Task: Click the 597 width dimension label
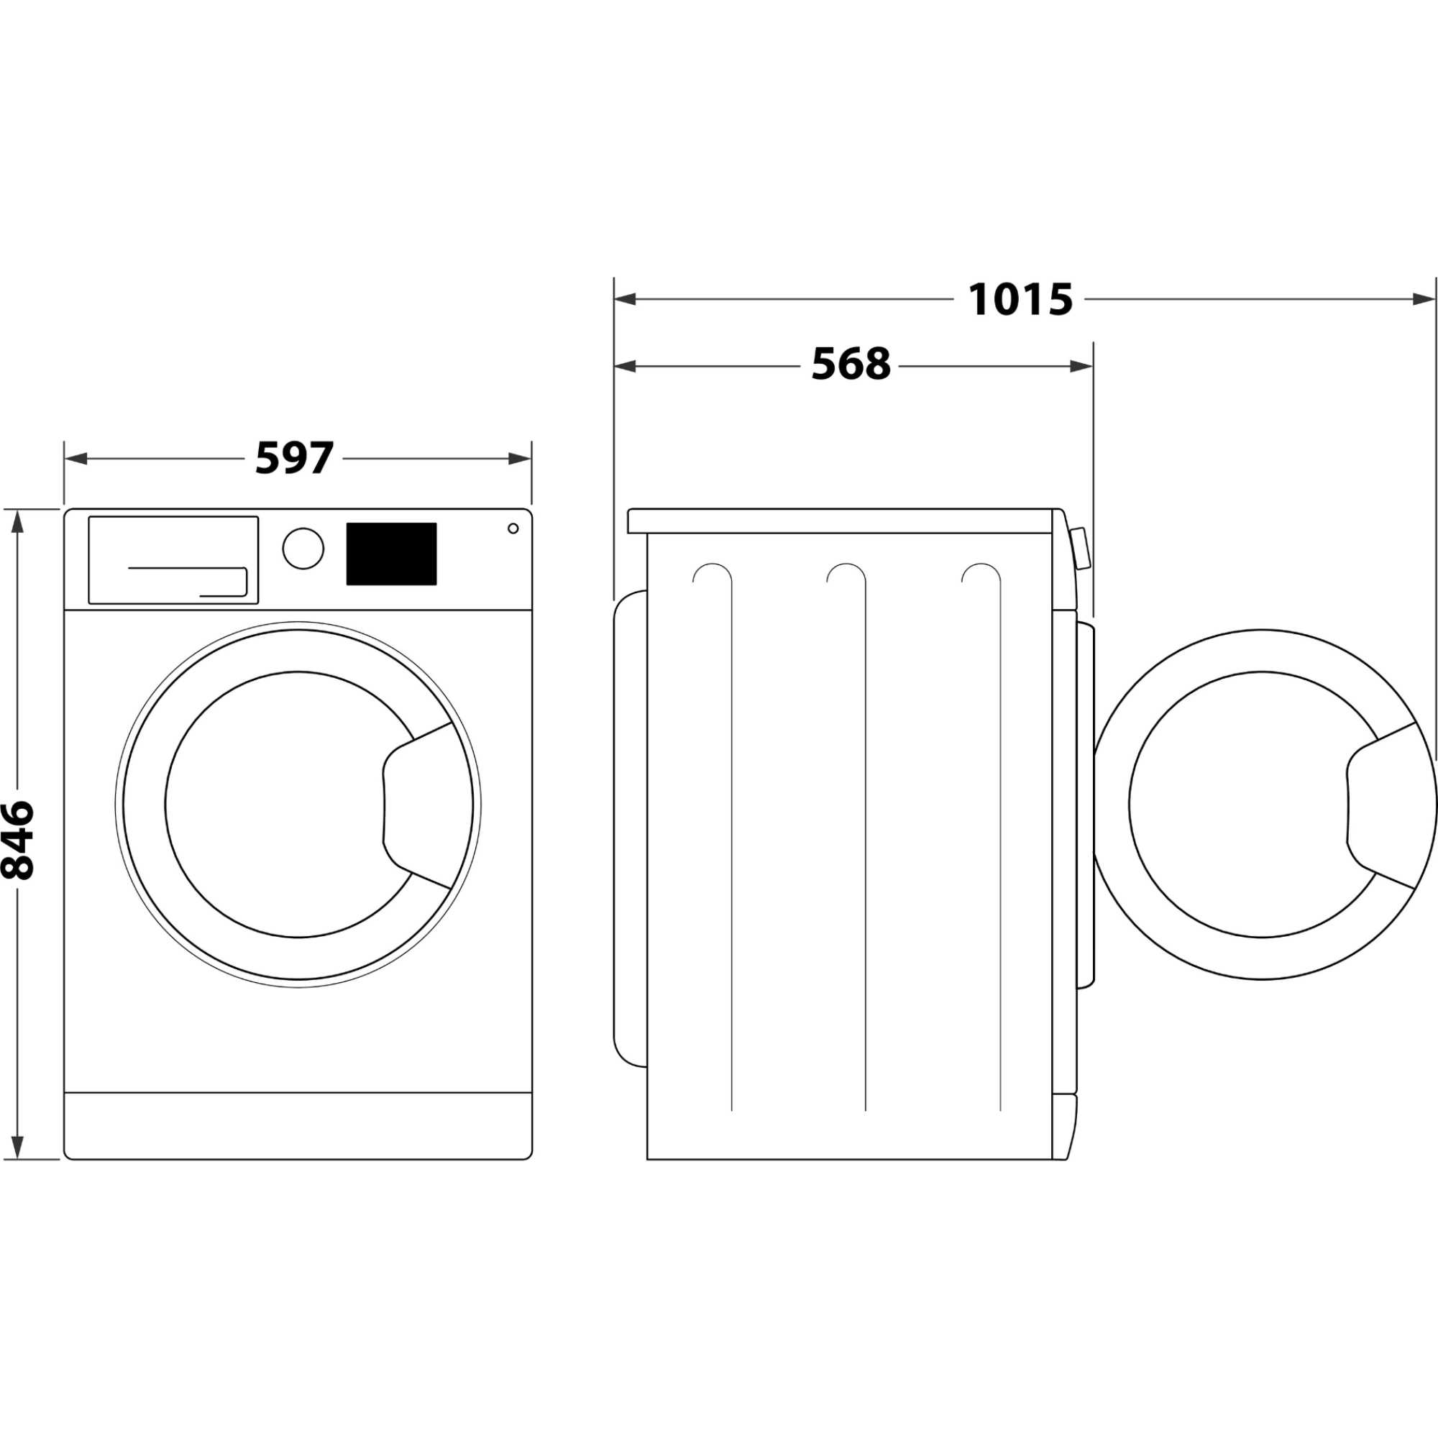(x=294, y=459)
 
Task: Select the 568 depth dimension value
(x=850, y=365)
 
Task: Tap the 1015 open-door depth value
(x=1020, y=300)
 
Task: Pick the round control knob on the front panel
(x=303, y=549)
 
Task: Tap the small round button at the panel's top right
(x=513, y=528)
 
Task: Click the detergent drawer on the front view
(x=173, y=559)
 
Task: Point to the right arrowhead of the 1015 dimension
(x=1422, y=300)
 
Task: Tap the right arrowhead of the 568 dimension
(x=1082, y=365)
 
